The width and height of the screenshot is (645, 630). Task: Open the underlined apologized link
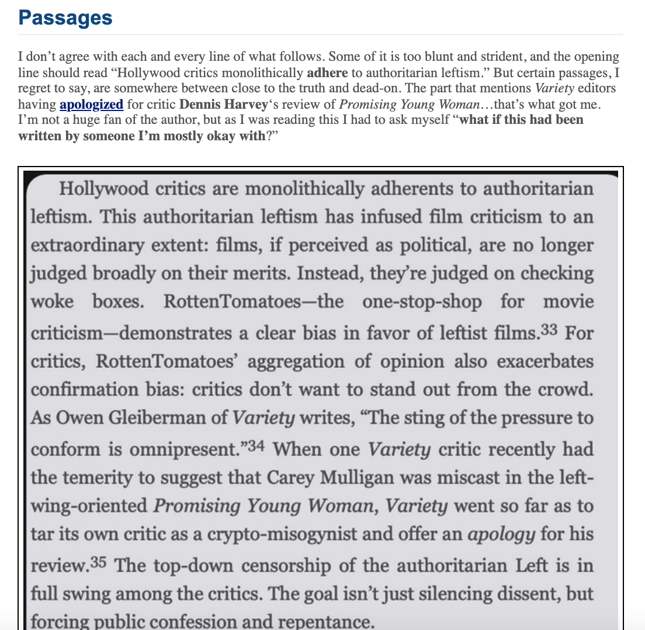(91, 105)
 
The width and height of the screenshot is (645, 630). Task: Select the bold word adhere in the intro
(327, 73)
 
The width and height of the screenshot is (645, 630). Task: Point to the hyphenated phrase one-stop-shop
(421, 302)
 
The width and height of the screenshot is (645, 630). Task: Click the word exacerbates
(545, 361)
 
